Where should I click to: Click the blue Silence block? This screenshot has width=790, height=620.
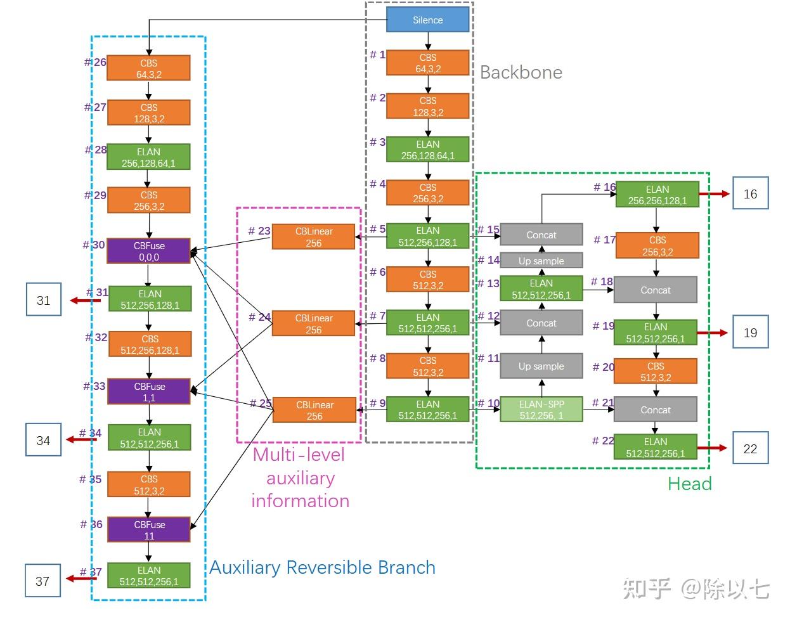(x=427, y=20)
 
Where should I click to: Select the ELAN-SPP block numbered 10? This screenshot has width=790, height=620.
(x=541, y=410)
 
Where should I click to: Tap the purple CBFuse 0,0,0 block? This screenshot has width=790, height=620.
(x=148, y=251)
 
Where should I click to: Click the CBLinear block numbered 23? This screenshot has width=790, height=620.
(x=313, y=236)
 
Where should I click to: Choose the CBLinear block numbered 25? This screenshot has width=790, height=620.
(x=314, y=410)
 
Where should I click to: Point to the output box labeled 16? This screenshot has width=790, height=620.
(x=750, y=194)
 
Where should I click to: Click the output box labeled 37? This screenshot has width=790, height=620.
(x=42, y=581)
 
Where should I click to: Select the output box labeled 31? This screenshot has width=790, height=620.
(x=43, y=300)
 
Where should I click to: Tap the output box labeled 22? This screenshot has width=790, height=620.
(x=750, y=449)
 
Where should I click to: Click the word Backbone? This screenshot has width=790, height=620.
(x=521, y=72)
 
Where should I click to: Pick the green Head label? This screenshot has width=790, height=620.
(x=689, y=484)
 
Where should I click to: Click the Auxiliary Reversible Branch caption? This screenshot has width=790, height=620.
(x=322, y=567)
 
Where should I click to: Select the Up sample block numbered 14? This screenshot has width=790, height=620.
(x=541, y=261)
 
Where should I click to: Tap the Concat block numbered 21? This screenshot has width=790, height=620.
(x=655, y=410)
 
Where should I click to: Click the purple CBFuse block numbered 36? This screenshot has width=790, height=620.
(x=148, y=530)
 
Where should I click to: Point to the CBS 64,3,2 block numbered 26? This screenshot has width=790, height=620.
(x=148, y=68)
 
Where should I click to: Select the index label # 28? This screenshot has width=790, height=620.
(x=96, y=150)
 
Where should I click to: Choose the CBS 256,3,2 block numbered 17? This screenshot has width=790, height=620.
(x=657, y=246)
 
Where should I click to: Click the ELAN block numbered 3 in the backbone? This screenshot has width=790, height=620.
(x=427, y=150)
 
